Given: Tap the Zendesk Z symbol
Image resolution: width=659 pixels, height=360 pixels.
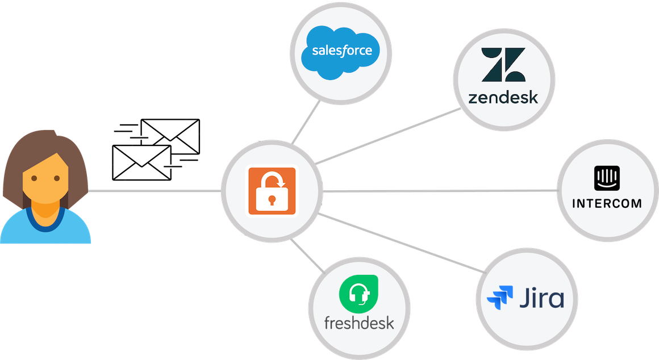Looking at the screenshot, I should coord(503,65).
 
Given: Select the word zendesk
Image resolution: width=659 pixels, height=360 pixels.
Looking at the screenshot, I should coord(503,98).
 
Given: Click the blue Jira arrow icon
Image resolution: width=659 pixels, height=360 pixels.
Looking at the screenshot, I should coord(500,297).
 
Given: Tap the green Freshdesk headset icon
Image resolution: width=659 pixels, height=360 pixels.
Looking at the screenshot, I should coord(358,294).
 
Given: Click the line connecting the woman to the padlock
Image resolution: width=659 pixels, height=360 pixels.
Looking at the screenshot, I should coord(153,191).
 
